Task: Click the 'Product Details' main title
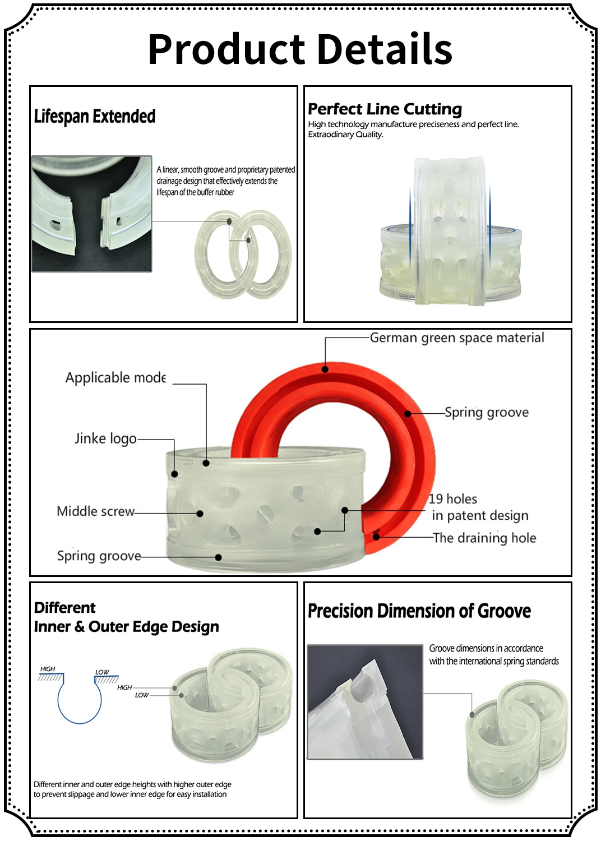[x=300, y=49]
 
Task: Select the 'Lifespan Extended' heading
[x=95, y=116]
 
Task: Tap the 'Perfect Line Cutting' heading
[x=385, y=109]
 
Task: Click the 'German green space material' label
[x=457, y=338]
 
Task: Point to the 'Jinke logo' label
[x=105, y=438]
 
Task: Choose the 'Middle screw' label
[x=95, y=511]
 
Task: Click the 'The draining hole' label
[x=484, y=538]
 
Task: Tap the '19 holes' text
[x=453, y=499]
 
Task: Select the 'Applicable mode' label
[x=115, y=377]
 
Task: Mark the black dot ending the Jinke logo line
[x=174, y=474]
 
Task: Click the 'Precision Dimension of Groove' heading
[x=419, y=611]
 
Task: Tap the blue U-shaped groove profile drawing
[x=80, y=704]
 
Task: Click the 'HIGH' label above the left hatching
[x=48, y=669]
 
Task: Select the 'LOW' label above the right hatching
[x=102, y=672]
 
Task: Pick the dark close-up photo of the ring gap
[x=92, y=214]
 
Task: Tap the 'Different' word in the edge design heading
[x=65, y=608]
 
